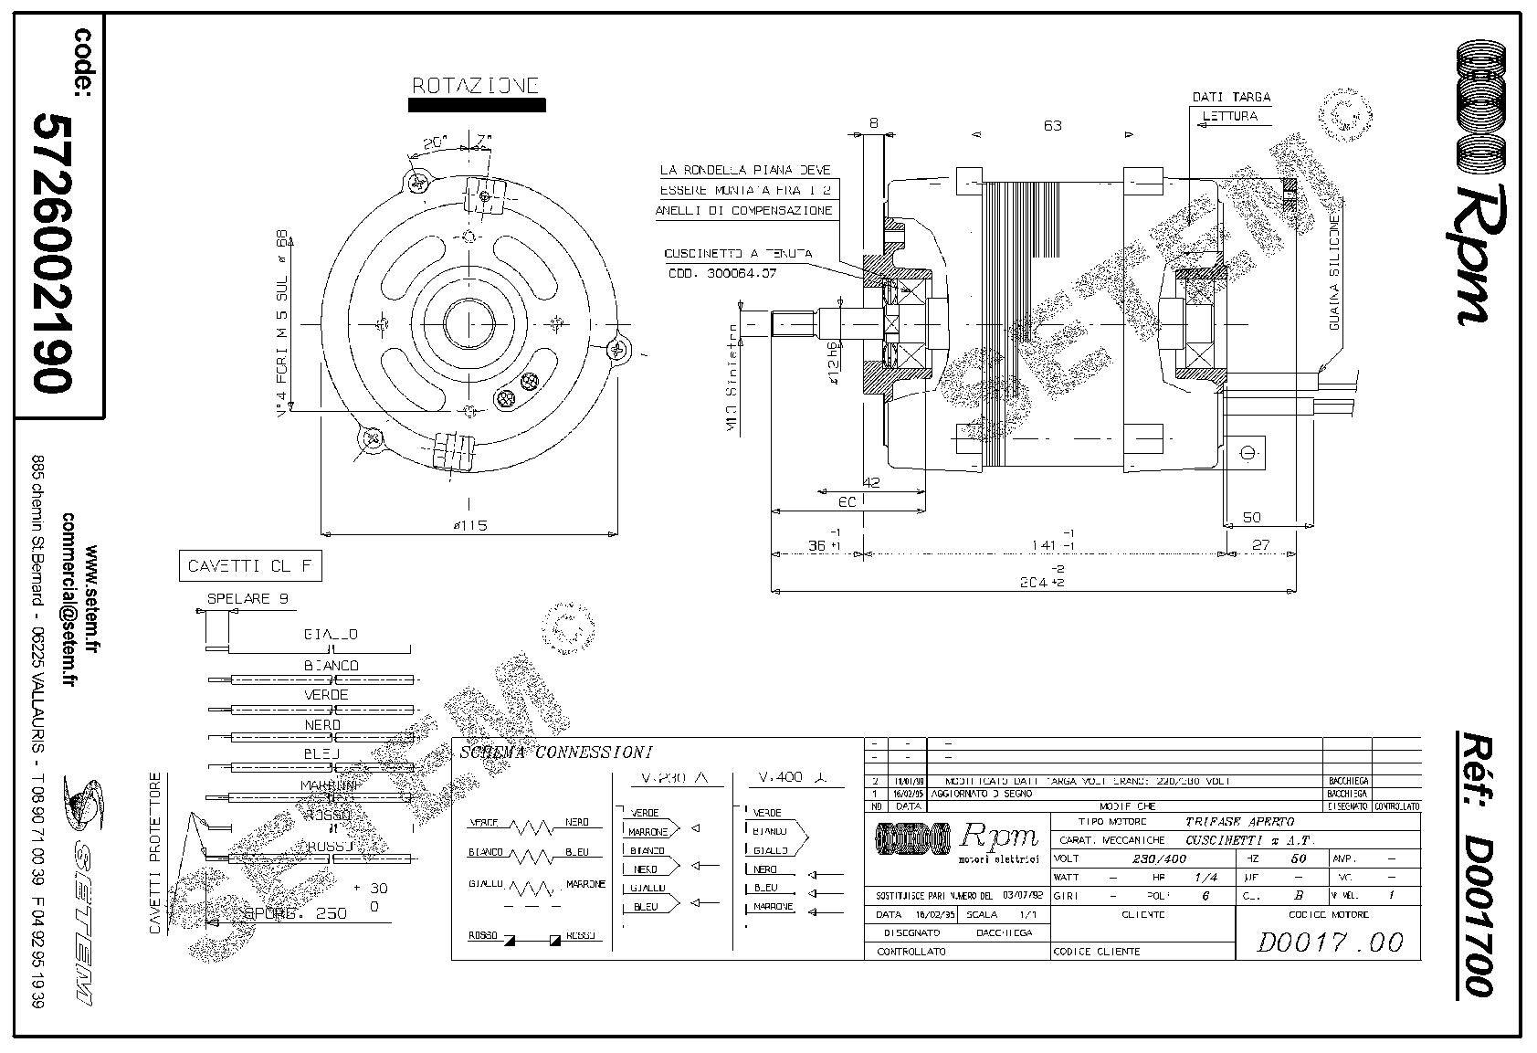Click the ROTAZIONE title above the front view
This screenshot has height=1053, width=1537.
(x=475, y=86)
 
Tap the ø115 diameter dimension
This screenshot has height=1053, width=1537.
(x=470, y=525)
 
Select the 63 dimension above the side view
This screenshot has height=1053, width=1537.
(x=1052, y=125)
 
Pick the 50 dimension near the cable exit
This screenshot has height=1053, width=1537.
(x=1252, y=517)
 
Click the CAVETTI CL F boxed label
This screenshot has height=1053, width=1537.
(x=250, y=566)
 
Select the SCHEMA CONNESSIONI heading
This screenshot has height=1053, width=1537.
(x=556, y=753)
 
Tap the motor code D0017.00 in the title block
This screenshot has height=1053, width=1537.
(x=1329, y=942)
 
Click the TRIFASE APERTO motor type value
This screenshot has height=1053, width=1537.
(x=1239, y=822)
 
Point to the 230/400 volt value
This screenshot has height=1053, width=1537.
(x=1158, y=858)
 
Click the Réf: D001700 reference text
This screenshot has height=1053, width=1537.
(x=1473, y=863)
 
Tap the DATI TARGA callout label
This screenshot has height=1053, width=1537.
(x=1231, y=97)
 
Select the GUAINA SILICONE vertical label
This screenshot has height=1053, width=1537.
(x=1334, y=274)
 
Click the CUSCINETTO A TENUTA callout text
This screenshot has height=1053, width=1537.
(x=738, y=254)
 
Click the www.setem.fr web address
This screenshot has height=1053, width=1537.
(x=91, y=599)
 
